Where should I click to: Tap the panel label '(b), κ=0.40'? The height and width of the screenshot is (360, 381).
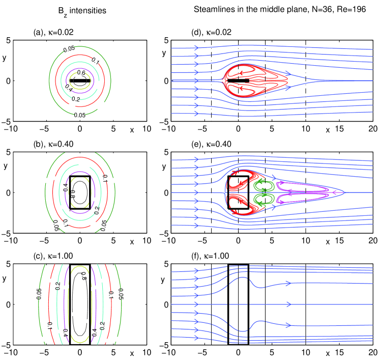click(x=53, y=144)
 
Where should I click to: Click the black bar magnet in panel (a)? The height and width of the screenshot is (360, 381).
click(x=80, y=80)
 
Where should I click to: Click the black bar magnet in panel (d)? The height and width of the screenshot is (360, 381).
click(x=238, y=80)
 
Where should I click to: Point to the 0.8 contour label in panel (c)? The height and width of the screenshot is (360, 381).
click(x=83, y=278)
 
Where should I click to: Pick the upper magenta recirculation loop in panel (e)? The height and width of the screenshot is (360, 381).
click(x=302, y=188)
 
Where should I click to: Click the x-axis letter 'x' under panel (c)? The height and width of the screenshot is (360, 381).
click(x=132, y=353)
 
